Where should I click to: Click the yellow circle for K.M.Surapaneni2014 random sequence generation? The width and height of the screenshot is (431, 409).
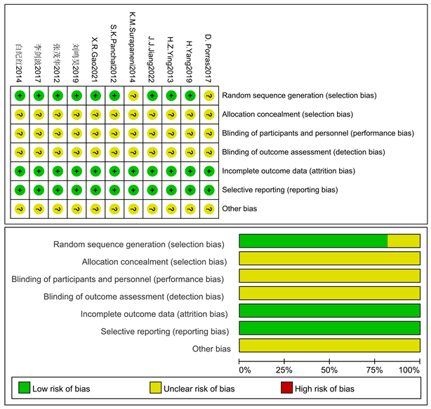133,95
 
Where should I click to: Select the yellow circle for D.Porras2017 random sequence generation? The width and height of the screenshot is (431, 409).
208,95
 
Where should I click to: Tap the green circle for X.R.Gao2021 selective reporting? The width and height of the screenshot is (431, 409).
95,189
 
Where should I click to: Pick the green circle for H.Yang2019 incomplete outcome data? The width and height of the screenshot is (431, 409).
189,170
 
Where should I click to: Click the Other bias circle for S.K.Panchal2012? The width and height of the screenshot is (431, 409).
114,208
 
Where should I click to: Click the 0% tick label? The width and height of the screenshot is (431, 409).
244,369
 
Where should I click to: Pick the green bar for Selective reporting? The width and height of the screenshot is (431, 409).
329,329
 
